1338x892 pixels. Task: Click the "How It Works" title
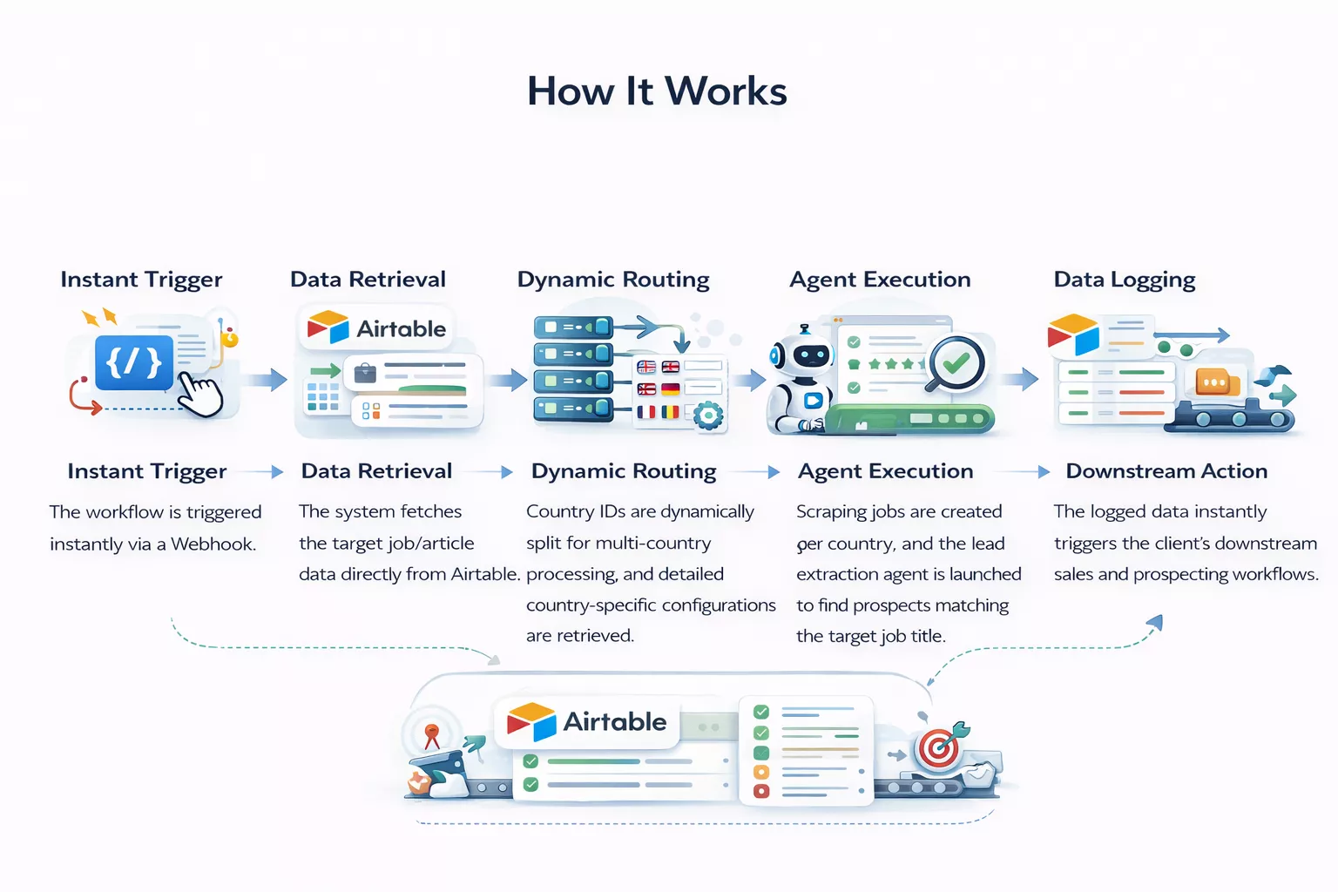(657, 91)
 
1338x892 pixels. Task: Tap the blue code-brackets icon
(133, 362)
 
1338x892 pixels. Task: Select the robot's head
(801, 354)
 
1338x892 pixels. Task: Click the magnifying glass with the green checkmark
(955, 363)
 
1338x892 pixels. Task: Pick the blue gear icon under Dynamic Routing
(707, 415)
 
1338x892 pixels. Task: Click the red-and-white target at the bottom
(938, 748)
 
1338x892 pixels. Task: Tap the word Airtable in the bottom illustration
(614, 721)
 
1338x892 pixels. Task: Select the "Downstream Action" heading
(1166, 471)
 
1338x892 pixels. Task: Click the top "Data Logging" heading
(1124, 280)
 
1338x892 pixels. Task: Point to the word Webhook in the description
(213, 544)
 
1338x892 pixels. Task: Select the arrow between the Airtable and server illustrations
(508, 380)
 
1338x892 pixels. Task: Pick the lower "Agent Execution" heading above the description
(885, 471)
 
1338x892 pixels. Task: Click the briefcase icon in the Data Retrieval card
(365, 374)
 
